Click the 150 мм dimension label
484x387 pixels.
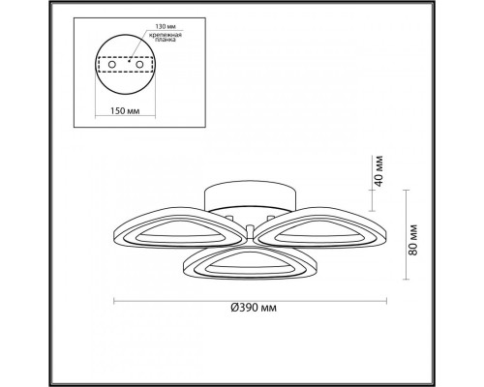point(125,111)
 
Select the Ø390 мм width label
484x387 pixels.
point(254,308)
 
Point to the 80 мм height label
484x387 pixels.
point(412,240)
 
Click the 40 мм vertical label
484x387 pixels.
point(378,170)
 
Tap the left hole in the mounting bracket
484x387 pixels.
point(111,65)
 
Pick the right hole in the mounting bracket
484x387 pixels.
point(139,65)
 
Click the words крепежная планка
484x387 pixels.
point(166,38)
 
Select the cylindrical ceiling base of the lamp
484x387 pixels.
point(250,195)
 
